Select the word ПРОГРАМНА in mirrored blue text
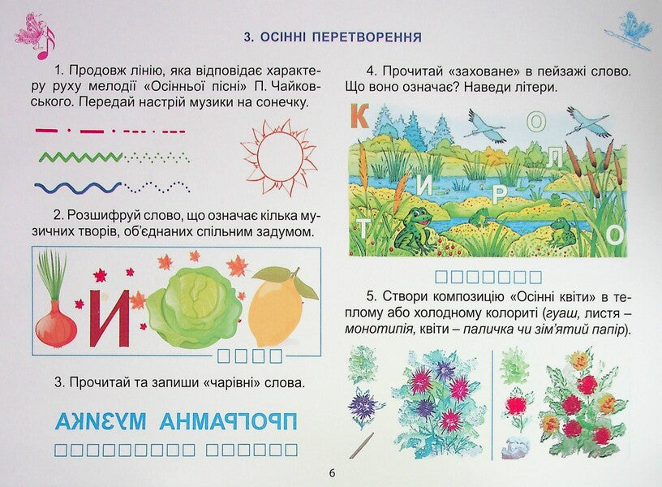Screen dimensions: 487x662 (230, 422)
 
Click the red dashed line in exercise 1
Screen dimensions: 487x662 (69, 130)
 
